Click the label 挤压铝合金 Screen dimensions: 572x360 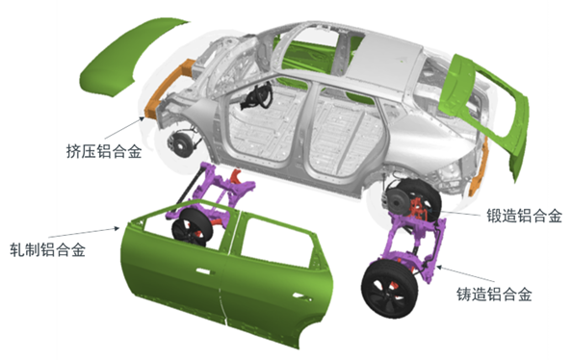coord(104,151)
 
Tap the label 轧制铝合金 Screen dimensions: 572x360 coord(47,250)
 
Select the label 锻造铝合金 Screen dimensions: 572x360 coord(524,216)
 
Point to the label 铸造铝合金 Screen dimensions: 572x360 coord(494,294)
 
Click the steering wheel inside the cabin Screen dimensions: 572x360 coord(256,95)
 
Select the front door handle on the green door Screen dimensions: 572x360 coord(203,271)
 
